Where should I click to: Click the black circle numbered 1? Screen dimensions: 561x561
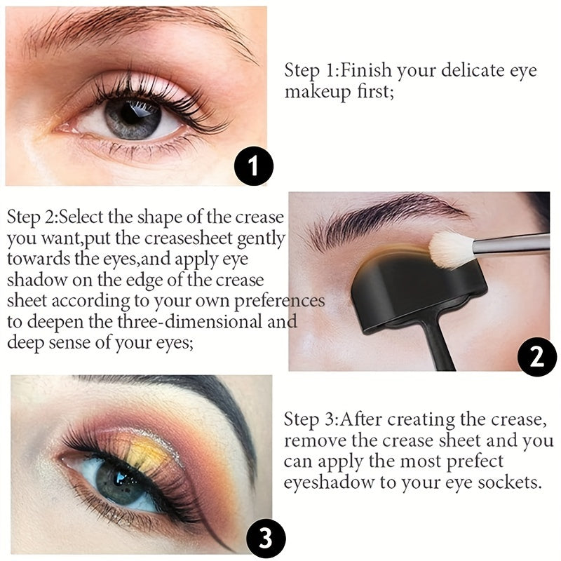click(x=254, y=166)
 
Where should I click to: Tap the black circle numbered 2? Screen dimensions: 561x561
click(x=537, y=356)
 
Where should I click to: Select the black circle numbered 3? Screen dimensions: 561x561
click(x=266, y=539)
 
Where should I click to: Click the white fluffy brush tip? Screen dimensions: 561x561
click(x=452, y=250)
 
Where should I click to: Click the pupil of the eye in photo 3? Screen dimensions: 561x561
click(x=120, y=480)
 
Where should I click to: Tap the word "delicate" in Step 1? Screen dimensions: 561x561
click(x=473, y=70)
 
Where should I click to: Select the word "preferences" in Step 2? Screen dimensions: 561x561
click(x=279, y=302)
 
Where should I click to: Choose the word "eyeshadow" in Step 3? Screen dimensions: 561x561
click(x=329, y=482)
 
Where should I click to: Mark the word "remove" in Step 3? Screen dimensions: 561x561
click(x=314, y=441)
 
